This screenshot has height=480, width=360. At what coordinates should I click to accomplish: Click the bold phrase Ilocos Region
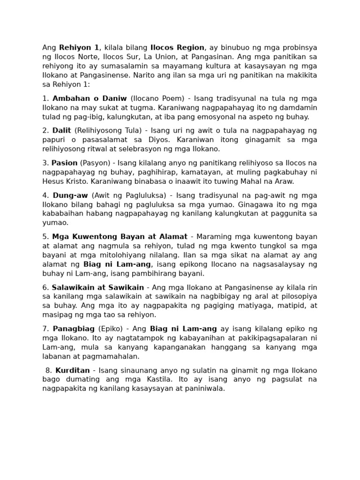[x=177, y=47]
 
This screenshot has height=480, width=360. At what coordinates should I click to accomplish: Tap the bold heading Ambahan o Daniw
[x=90, y=98]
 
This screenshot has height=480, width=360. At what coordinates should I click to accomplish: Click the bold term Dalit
[x=61, y=130]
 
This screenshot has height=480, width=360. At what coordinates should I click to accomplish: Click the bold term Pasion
[x=64, y=163]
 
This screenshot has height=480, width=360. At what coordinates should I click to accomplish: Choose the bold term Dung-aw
[x=70, y=195]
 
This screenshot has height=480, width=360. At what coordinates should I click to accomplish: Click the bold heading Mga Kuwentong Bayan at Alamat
[x=120, y=237]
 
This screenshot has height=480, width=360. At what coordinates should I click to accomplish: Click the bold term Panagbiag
[x=74, y=329]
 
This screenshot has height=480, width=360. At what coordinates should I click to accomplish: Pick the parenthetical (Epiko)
[x=111, y=329]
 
